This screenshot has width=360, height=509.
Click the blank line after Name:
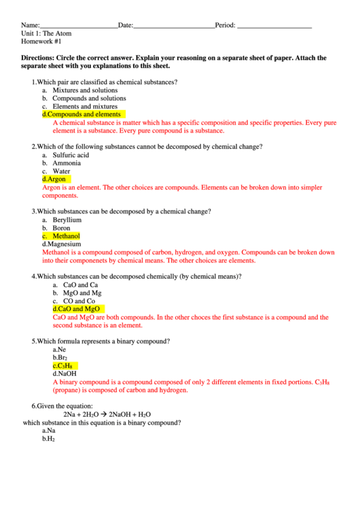click(x=78, y=26)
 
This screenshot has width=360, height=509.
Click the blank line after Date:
click(x=173, y=26)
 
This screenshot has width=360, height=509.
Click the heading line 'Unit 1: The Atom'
click(x=46, y=33)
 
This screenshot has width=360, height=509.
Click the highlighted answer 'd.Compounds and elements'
click(x=82, y=115)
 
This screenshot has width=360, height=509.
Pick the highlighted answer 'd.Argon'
click(x=54, y=179)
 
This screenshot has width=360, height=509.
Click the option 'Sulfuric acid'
click(x=71, y=155)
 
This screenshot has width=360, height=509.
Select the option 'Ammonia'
click(x=67, y=163)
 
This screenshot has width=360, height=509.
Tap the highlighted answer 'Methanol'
click(x=66, y=236)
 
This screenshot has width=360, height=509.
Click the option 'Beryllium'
click(x=67, y=220)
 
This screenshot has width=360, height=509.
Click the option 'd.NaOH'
click(x=65, y=374)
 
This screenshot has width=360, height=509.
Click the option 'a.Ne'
click(x=59, y=350)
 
